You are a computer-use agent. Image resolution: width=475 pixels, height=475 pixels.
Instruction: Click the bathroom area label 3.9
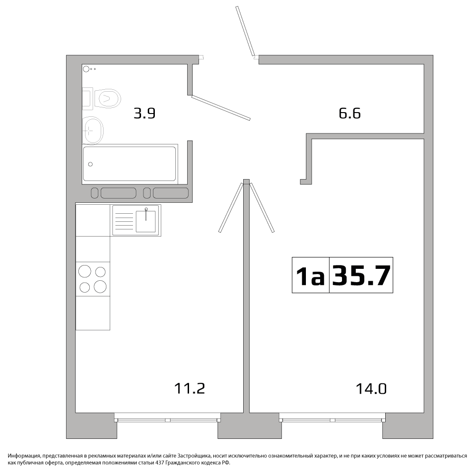coord(144,114)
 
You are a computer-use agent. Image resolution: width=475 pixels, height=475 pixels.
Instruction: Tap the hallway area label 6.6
coord(350,114)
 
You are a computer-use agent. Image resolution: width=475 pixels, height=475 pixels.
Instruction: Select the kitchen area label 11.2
coord(190,389)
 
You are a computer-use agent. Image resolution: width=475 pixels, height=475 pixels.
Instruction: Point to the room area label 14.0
coord(371,389)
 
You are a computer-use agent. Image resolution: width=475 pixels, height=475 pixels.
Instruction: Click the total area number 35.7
coord(361,275)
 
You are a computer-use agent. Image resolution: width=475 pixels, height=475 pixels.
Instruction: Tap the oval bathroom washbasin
coord(93,131)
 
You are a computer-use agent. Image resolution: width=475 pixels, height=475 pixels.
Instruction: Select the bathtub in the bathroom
coord(130,164)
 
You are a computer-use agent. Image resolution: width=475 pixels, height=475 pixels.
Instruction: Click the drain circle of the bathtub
coord(90,164)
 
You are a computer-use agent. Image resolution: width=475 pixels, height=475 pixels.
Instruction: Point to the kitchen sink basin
coord(146,221)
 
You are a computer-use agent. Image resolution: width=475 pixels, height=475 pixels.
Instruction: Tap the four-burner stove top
coord(93,279)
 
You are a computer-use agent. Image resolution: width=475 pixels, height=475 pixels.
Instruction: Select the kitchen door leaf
coord(231,208)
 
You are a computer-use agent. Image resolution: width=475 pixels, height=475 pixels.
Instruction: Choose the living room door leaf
coord(262,208)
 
